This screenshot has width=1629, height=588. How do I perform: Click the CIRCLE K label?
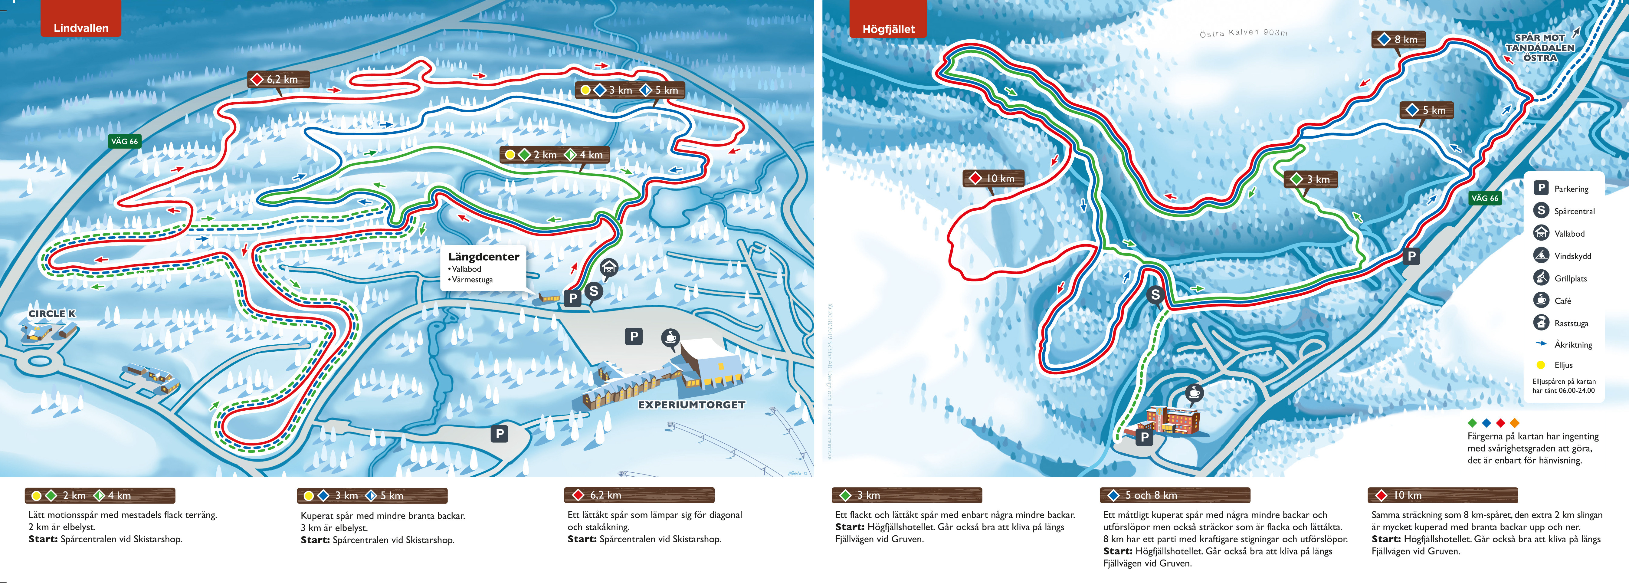tap(52, 314)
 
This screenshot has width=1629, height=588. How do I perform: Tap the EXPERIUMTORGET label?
tap(691, 405)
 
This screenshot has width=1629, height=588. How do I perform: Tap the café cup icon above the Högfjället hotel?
tap(1193, 393)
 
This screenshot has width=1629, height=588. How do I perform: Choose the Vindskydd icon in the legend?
tap(1541, 255)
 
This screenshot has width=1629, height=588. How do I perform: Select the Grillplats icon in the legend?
tap(1541, 278)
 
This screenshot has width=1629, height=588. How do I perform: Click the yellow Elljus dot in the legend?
tap(1541, 365)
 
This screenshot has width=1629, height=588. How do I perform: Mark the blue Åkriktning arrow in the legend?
tap(1541, 343)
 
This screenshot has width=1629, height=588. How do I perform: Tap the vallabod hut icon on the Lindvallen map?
tap(608, 268)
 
